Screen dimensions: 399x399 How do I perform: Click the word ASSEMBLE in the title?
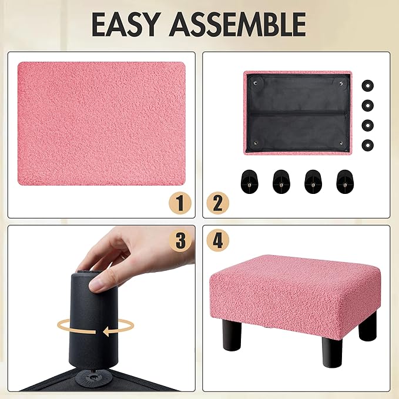pyautogui.click(x=237, y=24)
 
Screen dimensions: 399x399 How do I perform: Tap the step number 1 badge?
pyautogui.click(x=180, y=203)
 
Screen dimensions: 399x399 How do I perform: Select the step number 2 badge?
pyautogui.click(x=218, y=203)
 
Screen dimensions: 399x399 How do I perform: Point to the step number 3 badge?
pyautogui.click(x=180, y=240)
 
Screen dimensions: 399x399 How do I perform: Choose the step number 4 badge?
pyautogui.click(x=218, y=240)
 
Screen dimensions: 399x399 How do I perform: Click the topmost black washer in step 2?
pyautogui.click(x=367, y=86)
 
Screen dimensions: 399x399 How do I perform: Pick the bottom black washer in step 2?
pyautogui.click(x=367, y=145)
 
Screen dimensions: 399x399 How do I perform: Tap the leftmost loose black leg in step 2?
pyautogui.click(x=249, y=182)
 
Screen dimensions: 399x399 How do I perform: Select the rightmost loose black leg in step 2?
pyautogui.click(x=345, y=182)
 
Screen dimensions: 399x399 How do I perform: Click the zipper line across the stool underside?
pyautogui.click(x=298, y=112)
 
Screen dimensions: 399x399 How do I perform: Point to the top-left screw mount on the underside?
pyautogui.click(x=255, y=83)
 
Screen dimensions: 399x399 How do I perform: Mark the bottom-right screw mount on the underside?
pyautogui.click(x=341, y=143)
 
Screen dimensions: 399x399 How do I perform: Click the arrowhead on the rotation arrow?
pyautogui.click(x=108, y=331)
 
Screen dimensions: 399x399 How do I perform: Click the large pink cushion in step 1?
pyautogui.click(x=102, y=123)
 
